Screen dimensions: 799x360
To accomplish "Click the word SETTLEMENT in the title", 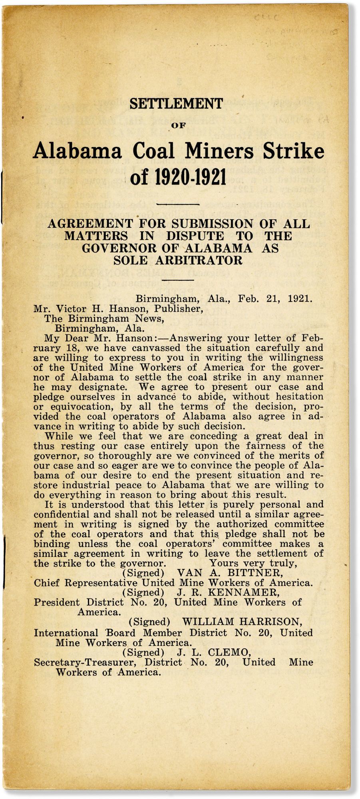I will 176,104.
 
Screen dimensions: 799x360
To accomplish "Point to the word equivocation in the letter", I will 80,407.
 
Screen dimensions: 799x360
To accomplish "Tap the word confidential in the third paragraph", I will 66,515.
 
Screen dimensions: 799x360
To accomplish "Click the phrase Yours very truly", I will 253,564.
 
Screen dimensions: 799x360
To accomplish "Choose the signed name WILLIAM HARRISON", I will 242,622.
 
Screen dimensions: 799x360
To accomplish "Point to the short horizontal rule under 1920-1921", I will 178,204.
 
